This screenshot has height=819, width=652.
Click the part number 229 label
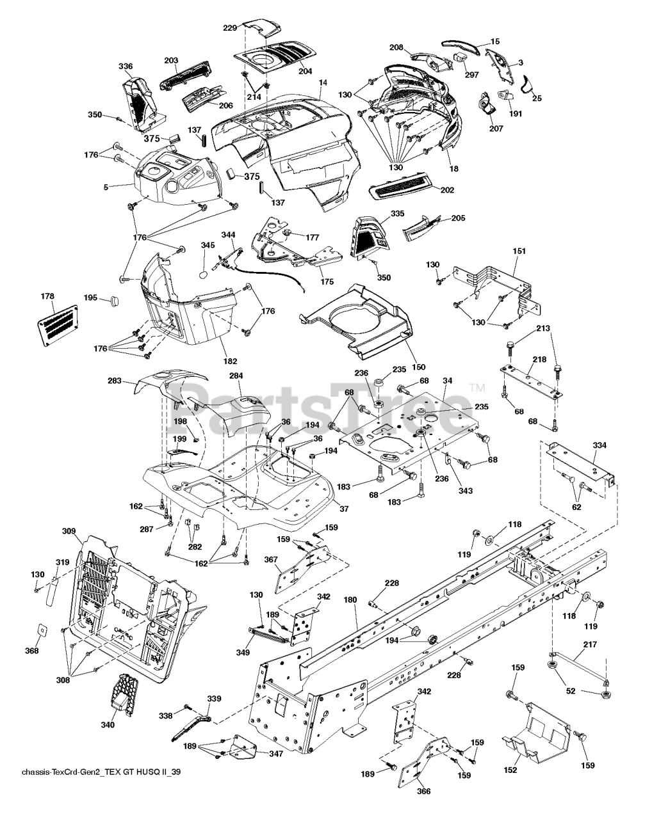[230, 28]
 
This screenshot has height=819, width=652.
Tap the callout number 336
[126, 66]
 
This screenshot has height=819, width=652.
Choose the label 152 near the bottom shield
[510, 770]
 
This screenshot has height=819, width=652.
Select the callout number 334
[599, 445]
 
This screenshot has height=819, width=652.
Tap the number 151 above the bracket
[519, 251]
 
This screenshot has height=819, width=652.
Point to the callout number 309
[69, 530]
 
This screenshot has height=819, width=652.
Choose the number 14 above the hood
[322, 83]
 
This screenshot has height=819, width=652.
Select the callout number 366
[423, 791]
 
